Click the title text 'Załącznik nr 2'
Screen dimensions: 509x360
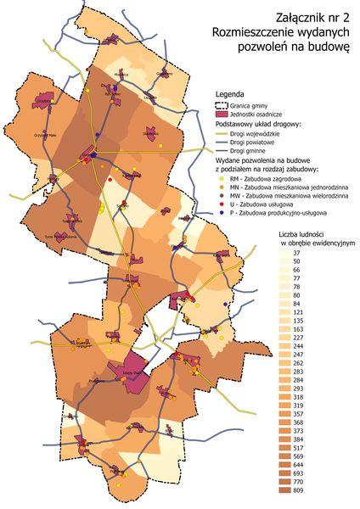pos(313,16)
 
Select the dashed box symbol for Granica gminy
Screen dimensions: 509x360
pos(223,103)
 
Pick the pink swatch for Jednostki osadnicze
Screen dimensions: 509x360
pos(223,113)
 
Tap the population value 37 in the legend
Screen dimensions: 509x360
pos(296,254)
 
